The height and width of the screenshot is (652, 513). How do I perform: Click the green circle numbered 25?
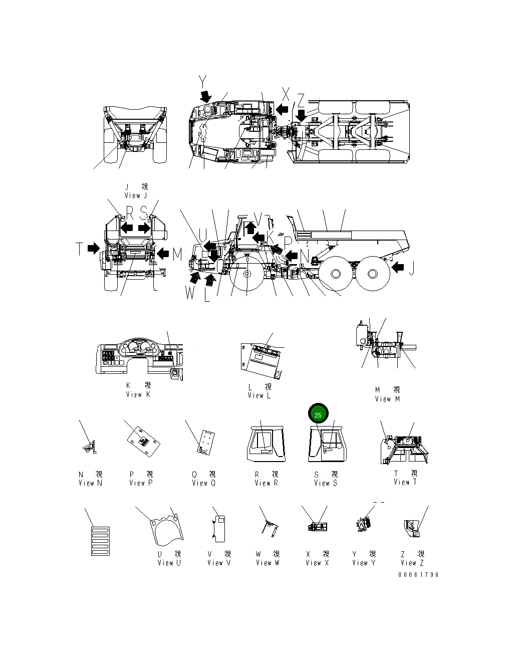click(x=318, y=414)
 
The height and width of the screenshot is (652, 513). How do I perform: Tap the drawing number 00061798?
click(x=418, y=574)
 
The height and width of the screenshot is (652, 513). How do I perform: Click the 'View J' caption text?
click(x=136, y=195)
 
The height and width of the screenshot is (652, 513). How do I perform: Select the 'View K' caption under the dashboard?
click(x=138, y=394)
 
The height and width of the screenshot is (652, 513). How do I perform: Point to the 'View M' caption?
click(x=387, y=399)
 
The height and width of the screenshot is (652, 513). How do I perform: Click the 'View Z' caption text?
click(x=412, y=563)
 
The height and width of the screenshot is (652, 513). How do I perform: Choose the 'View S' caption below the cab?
click(x=326, y=483)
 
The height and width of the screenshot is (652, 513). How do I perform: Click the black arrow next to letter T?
click(x=94, y=248)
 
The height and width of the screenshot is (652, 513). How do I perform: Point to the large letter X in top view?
click(x=286, y=93)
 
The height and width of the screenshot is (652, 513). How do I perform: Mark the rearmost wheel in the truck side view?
click(x=373, y=274)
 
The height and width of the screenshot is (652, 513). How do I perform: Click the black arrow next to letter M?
click(x=162, y=254)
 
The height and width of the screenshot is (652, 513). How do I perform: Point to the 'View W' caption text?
click(x=268, y=563)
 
